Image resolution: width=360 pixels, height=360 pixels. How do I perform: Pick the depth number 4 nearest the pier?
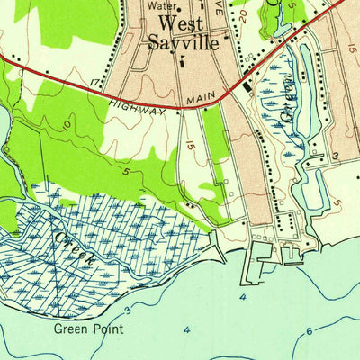coord(242,295)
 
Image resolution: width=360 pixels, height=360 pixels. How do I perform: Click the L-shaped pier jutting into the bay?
coord(256,263)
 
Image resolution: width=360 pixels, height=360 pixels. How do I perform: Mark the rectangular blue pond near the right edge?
coord(314,186)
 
